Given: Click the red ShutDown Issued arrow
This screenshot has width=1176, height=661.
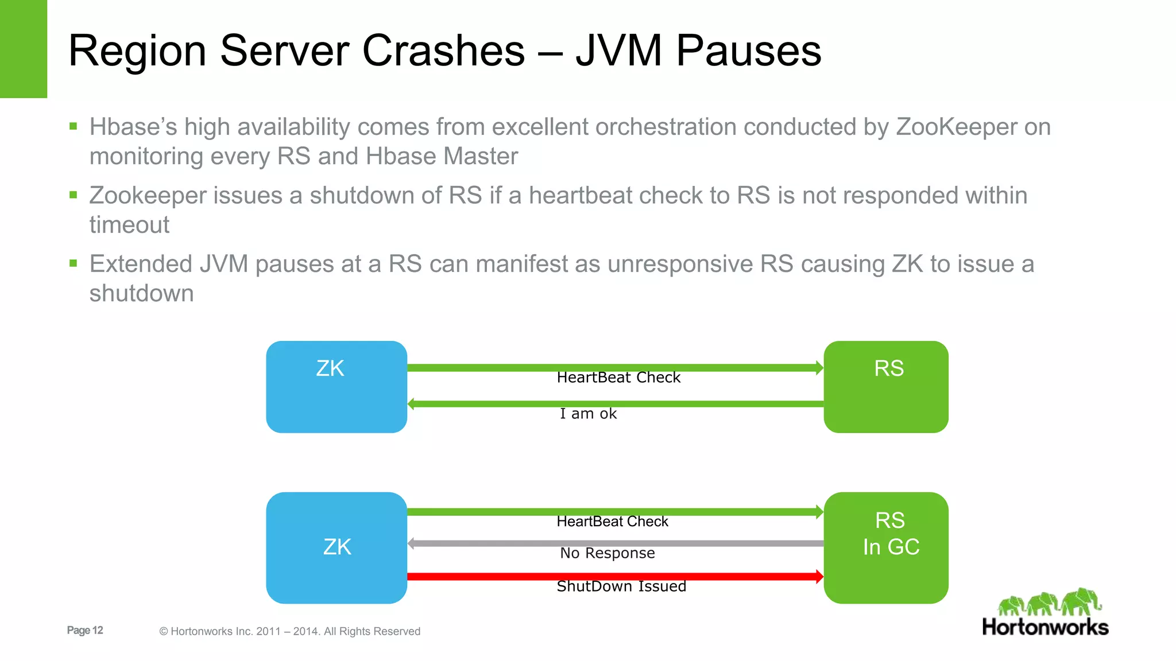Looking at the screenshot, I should click(x=614, y=576).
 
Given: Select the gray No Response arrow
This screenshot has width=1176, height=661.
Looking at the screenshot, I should click(x=614, y=543).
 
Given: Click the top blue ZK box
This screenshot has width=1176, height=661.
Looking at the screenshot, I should click(x=336, y=387).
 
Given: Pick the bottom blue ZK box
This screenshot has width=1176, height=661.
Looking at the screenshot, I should click(x=336, y=547).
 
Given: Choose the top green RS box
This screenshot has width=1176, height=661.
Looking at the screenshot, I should click(x=885, y=387).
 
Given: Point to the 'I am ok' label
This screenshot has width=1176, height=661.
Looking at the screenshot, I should click(x=588, y=414).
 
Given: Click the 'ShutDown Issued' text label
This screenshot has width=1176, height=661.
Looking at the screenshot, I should click(x=621, y=586).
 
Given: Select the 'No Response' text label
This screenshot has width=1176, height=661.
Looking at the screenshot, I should click(x=607, y=553).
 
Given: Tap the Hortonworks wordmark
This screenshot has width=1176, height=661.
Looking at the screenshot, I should click(x=1045, y=627).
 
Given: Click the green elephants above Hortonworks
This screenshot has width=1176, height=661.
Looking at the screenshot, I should click(x=1050, y=602).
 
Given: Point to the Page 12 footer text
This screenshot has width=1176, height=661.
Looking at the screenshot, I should click(x=85, y=630).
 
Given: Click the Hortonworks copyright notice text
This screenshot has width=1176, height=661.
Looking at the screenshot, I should click(x=289, y=631).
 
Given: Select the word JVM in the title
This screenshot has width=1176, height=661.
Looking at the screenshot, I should click(x=618, y=50).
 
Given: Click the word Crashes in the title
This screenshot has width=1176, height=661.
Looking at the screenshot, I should click(x=443, y=50).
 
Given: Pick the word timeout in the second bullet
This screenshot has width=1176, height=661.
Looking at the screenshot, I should click(x=129, y=225).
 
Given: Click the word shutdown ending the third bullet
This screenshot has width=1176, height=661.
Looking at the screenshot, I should click(x=141, y=293).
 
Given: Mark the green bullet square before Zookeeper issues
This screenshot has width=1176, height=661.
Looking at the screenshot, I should click(x=73, y=195).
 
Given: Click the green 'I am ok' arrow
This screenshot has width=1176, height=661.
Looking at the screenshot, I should click(x=614, y=404).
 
